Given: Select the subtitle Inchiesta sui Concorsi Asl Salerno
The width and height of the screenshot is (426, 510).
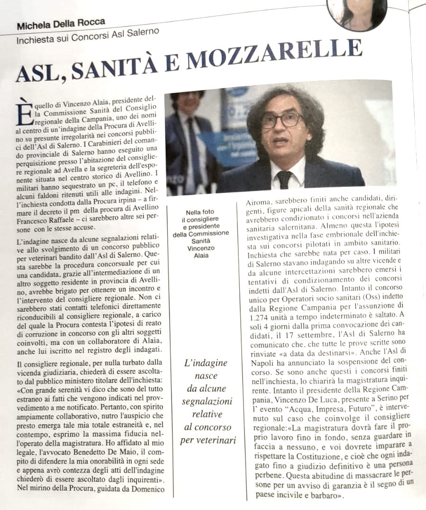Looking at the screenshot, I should [x=88, y=37].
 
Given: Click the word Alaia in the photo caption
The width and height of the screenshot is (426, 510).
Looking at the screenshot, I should [x=201, y=255].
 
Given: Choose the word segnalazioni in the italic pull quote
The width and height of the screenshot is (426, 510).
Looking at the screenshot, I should [x=208, y=402].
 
